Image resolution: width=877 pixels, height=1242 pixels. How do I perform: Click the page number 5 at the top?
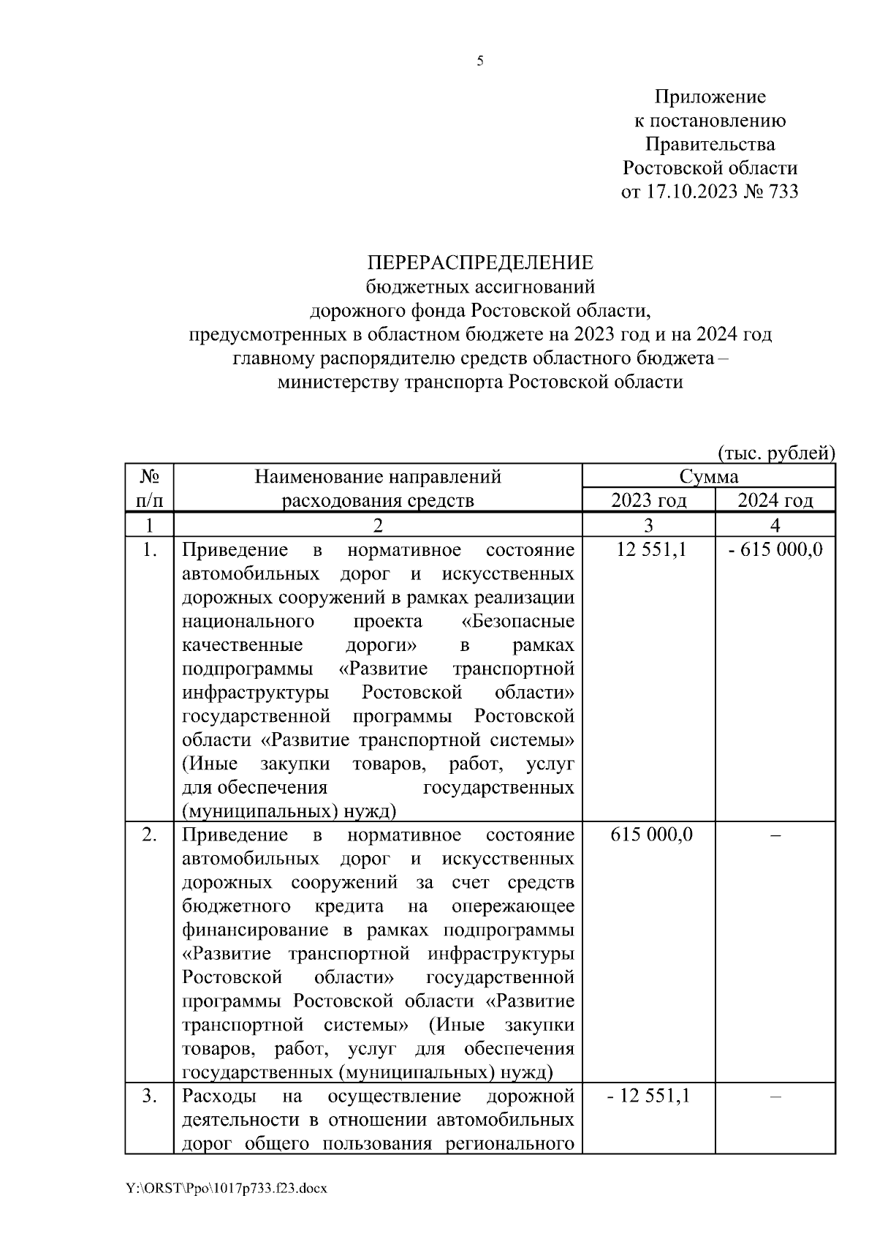tap(480, 61)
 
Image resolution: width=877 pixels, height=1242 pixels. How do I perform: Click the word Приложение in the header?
tap(710, 97)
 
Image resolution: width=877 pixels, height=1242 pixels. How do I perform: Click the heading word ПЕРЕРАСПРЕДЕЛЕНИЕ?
tap(480, 263)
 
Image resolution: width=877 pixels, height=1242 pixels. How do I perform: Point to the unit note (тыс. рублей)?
tap(776, 453)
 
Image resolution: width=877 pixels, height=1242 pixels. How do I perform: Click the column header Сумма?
tap(708, 477)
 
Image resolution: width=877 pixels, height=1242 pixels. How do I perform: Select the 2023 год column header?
tap(648, 501)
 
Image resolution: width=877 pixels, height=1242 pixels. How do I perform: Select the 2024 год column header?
tap(775, 501)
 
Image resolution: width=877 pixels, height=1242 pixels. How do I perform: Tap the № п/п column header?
tap(149, 489)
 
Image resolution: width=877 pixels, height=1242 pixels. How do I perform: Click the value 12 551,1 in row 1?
tap(651, 550)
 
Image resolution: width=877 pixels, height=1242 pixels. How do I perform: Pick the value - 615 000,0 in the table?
tap(775, 550)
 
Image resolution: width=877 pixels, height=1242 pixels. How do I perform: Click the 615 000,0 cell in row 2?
tap(652, 835)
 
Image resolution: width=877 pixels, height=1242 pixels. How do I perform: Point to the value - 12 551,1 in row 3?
tap(648, 1096)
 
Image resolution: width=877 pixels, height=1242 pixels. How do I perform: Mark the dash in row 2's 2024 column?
tap(776, 835)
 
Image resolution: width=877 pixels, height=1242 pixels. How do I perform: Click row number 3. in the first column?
tap(149, 1096)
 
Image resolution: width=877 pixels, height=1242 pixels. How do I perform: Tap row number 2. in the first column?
tap(149, 835)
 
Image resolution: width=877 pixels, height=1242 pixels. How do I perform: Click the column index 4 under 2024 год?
tap(775, 525)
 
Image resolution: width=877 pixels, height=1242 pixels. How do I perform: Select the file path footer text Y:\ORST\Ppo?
tap(226, 1189)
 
